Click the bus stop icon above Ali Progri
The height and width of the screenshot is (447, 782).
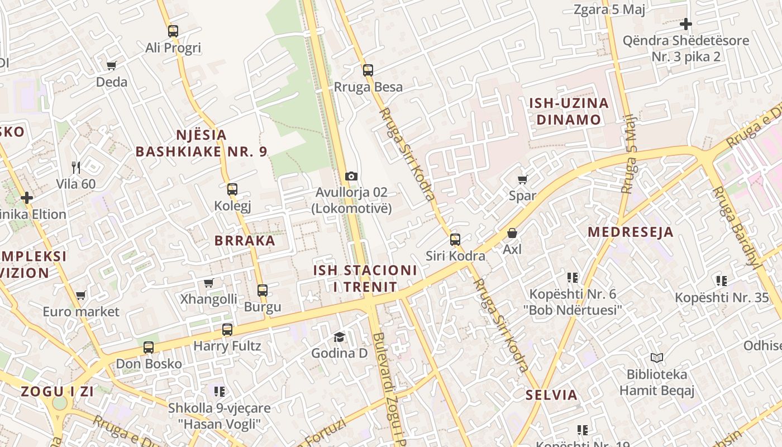pyautogui.click(x=173, y=31)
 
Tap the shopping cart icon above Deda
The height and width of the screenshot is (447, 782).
pyautogui.click(x=112, y=66)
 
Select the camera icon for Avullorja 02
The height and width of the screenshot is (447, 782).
pyautogui.click(x=351, y=177)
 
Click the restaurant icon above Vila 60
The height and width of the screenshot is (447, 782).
pyautogui.click(x=76, y=167)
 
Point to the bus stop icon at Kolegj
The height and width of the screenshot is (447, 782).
pyautogui.click(x=232, y=189)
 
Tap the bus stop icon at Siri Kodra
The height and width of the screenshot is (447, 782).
pyautogui.click(x=455, y=240)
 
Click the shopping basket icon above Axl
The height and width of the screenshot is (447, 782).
pyautogui.click(x=512, y=233)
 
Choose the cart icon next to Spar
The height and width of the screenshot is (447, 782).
pyautogui.click(x=522, y=179)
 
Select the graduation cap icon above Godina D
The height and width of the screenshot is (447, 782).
pyautogui.click(x=339, y=336)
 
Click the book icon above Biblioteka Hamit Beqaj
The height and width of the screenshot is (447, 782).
pyautogui.click(x=657, y=358)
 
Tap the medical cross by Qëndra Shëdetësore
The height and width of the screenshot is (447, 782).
pyautogui.click(x=686, y=24)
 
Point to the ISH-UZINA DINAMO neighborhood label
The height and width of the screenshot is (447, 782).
pyautogui.click(x=569, y=111)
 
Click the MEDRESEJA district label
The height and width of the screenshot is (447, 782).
pyautogui.click(x=631, y=232)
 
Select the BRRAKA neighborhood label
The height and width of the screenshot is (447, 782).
pyautogui.click(x=245, y=241)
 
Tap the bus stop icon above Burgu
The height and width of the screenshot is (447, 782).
pyautogui.click(x=263, y=291)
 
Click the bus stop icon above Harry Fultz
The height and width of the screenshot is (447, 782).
pyautogui.click(x=227, y=330)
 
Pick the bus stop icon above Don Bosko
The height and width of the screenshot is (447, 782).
pyautogui.click(x=149, y=348)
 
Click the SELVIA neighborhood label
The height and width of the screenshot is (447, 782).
pyautogui.click(x=551, y=395)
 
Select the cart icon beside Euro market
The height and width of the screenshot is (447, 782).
pyautogui.click(x=81, y=295)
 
